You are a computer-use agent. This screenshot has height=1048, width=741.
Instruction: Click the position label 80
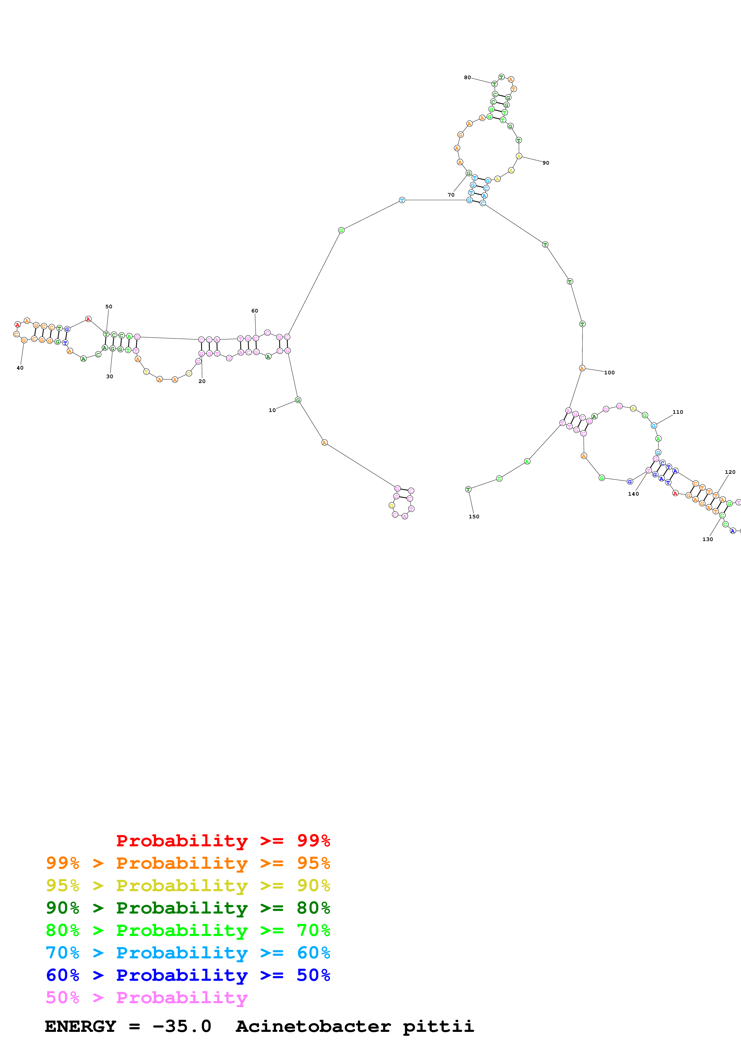(x=467, y=78)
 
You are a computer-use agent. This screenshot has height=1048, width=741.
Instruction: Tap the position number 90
(x=546, y=163)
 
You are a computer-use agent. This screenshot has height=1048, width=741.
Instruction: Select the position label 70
(x=451, y=195)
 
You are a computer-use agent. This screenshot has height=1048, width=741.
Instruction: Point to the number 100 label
(x=609, y=373)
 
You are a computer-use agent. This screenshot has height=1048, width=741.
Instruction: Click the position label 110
(x=678, y=412)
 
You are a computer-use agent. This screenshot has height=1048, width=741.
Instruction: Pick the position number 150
(x=474, y=517)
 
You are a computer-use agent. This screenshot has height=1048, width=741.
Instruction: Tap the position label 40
(x=20, y=368)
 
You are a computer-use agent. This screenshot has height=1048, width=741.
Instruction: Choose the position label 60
(x=255, y=311)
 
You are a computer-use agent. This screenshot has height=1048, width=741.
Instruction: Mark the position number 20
(x=202, y=381)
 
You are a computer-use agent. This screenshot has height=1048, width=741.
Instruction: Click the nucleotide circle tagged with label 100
(x=582, y=368)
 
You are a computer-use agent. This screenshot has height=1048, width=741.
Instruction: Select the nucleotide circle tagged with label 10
(x=298, y=400)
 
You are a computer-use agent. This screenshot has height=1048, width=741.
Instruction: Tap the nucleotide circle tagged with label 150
(x=468, y=489)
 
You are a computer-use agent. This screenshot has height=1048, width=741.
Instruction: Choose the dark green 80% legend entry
(x=188, y=908)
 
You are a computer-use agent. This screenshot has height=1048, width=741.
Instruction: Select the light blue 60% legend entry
(x=188, y=953)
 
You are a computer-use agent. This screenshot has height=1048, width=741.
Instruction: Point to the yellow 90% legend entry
(x=188, y=885)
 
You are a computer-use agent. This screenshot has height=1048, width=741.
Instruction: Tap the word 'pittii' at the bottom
(x=438, y=1026)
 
